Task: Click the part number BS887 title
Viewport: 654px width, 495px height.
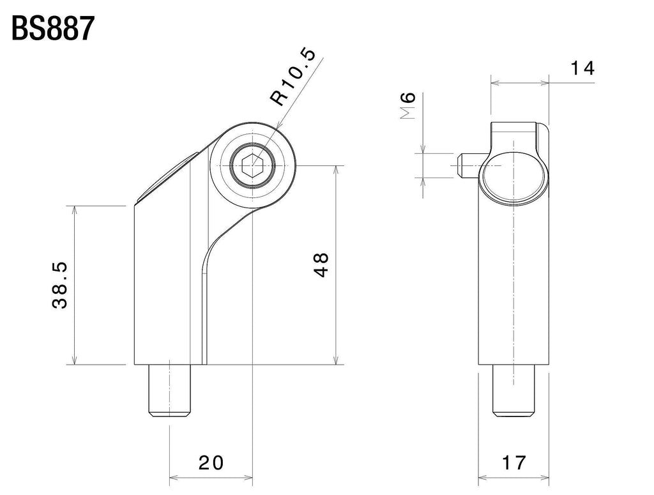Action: pyautogui.click(x=53, y=29)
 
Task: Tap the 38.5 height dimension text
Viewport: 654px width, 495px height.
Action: pyautogui.click(x=61, y=284)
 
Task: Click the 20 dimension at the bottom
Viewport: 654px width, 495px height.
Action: pyautogui.click(x=210, y=462)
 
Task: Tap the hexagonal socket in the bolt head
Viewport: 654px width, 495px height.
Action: pyautogui.click(x=253, y=167)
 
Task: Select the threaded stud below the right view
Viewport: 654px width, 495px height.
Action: pyautogui.click(x=513, y=391)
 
